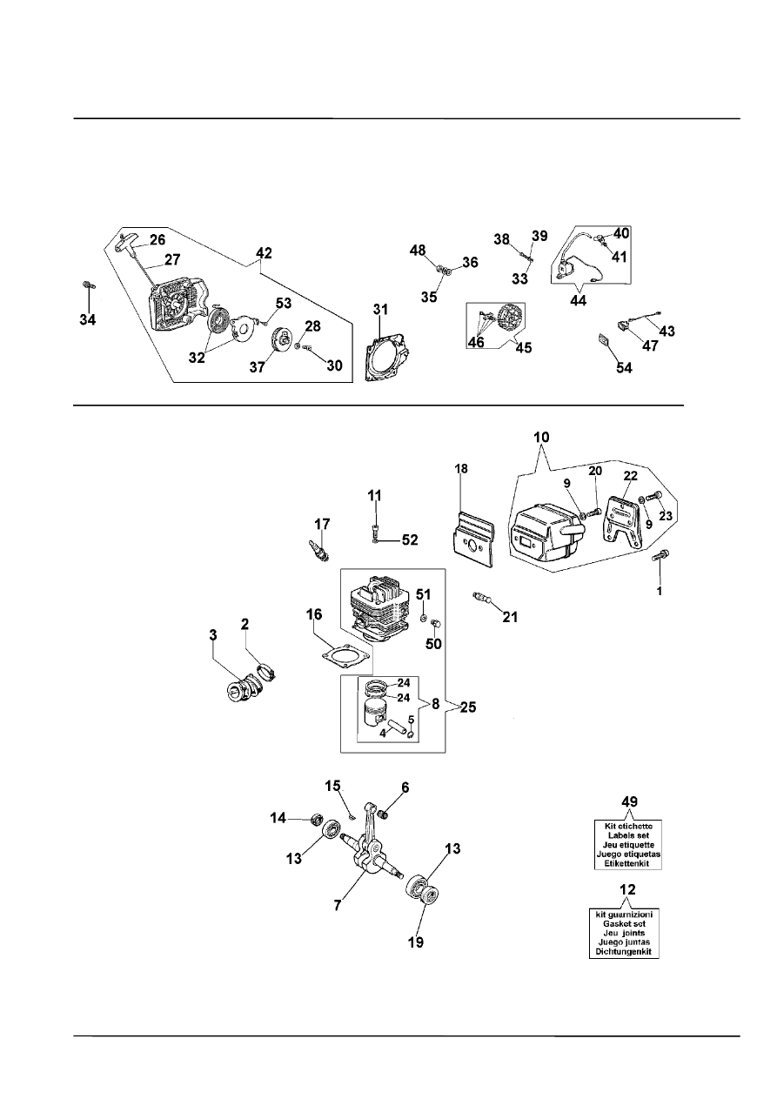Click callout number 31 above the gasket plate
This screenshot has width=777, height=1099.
pyautogui.click(x=381, y=309)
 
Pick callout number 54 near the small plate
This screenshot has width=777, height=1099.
pyautogui.click(x=625, y=368)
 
